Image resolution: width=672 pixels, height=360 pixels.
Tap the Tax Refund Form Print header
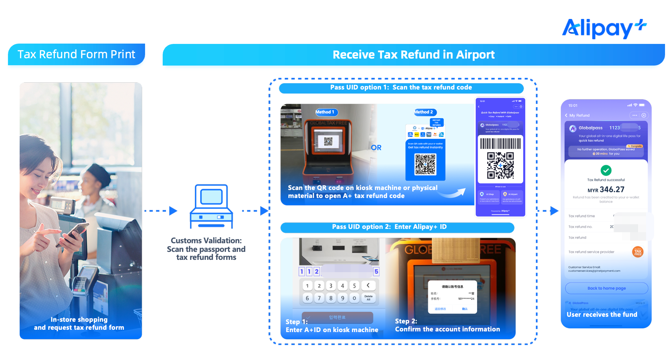click(x=76, y=54)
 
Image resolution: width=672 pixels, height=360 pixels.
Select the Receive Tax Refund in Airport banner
click(x=413, y=55)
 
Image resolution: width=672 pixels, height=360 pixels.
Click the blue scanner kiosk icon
click(x=211, y=206)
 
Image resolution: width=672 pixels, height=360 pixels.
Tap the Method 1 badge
click(x=326, y=112)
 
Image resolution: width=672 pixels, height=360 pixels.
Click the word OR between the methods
click(x=376, y=147)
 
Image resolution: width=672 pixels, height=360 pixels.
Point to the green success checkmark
click(x=606, y=170)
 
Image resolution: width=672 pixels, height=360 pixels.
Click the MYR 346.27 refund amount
click(x=606, y=190)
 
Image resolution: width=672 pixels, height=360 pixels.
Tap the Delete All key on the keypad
click(x=368, y=298)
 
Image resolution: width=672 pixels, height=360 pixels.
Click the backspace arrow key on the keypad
click(x=368, y=285)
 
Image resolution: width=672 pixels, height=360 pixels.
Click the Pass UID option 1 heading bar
click(x=401, y=88)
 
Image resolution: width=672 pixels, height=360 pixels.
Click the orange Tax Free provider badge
click(x=637, y=252)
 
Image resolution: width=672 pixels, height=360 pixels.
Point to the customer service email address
click(x=594, y=271)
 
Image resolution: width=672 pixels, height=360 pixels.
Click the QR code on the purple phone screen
click(x=500, y=165)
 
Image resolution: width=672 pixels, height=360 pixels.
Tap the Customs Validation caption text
click(x=206, y=249)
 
